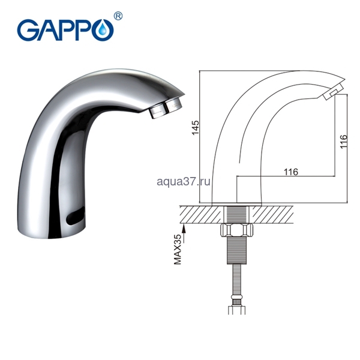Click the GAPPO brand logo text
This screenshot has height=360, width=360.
click(65, 31)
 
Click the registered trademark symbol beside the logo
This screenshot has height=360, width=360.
click(118, 17)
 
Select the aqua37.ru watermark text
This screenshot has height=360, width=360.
click(184, 182)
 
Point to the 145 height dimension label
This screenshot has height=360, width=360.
click(196, 127)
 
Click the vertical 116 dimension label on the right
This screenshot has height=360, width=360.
click(344, 142)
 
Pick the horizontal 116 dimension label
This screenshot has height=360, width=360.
click(291, 172)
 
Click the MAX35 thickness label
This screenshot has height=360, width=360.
click(178, 249)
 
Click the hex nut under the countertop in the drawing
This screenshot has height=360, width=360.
click(236, 230)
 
